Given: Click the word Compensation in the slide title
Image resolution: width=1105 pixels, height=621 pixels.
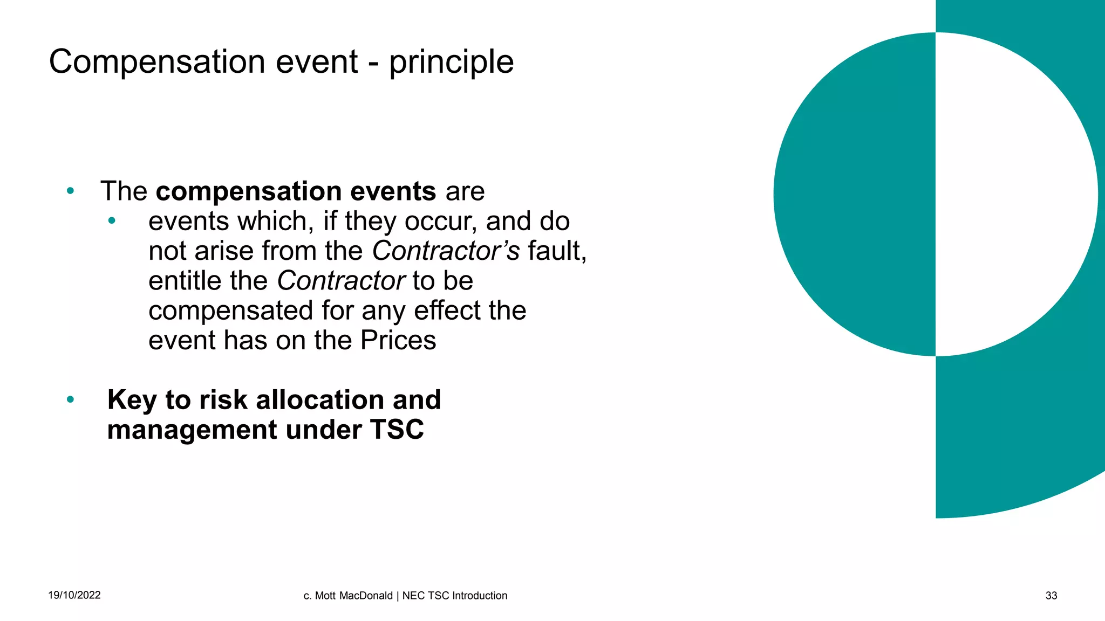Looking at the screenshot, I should [x=156, y=62].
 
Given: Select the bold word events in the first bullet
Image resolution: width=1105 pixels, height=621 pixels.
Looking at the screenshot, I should [x=393, y=191].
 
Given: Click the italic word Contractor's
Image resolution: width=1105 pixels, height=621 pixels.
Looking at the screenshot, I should [x=446, y=251].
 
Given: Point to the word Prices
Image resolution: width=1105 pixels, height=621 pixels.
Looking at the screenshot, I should [x=398, y=341].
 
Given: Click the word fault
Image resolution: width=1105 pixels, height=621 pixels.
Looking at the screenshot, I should [x=556, y=251].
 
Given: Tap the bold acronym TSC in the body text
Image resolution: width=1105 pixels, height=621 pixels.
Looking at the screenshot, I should [x=397, y=430].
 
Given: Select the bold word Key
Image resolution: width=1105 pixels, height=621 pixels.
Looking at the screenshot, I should [x=132, y=401].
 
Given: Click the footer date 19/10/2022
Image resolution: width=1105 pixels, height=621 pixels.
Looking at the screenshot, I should [x=74, y=595].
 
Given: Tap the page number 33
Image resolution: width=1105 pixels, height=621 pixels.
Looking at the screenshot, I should [x=1051, y=596].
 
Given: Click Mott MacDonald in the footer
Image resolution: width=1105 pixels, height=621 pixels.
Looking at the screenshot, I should [x=353, y=596].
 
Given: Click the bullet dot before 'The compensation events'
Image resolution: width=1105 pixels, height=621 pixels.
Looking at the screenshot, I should [x=70, y=191].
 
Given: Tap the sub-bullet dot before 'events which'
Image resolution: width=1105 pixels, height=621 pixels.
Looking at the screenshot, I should [x=112, y=220].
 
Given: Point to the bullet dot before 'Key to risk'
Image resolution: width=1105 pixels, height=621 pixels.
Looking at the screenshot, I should [x=70, y=400].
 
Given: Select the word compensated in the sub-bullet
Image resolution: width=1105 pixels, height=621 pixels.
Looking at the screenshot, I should [x=230, y=311].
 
